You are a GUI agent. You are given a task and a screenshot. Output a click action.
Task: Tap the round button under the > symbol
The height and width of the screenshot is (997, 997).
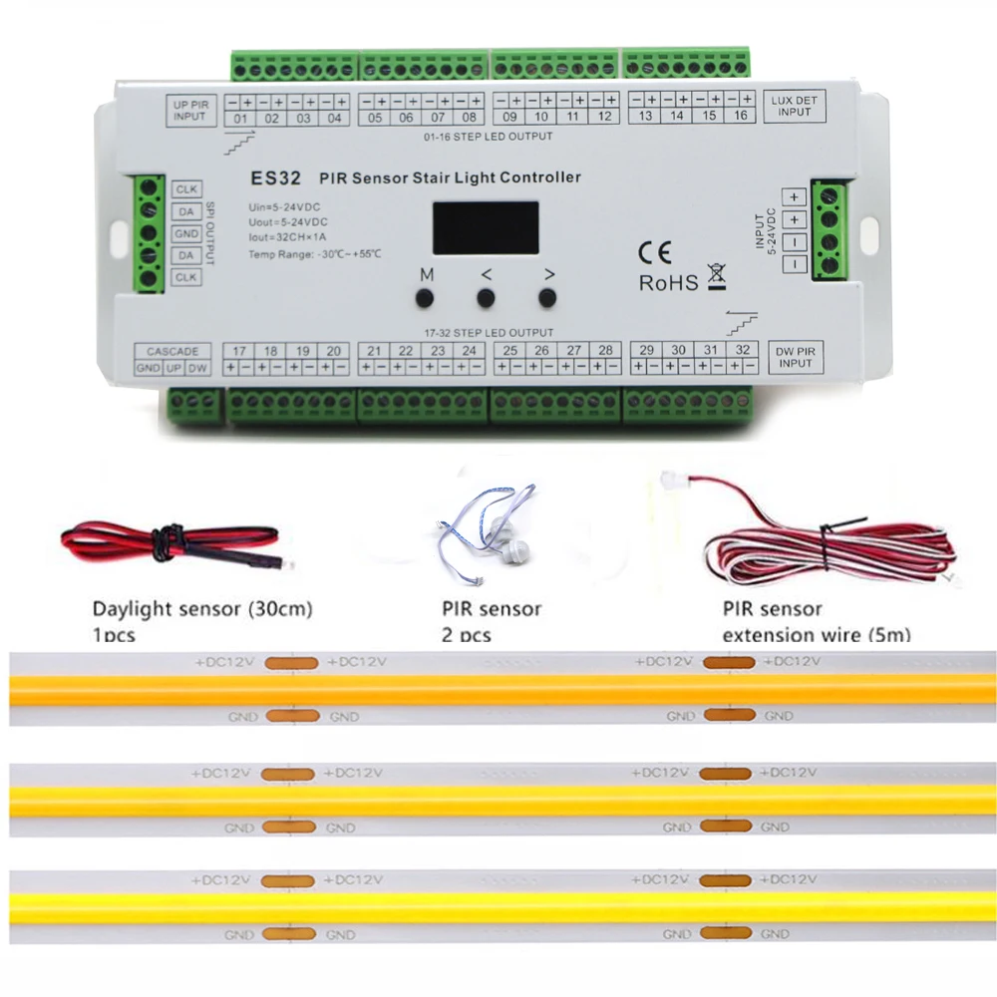(x=546, y=297)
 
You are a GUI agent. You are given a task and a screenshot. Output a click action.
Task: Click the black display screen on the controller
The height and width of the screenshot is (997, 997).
(x=486, y=227)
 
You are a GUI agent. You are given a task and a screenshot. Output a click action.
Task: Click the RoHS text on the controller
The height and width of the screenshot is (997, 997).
(x=668, y=283)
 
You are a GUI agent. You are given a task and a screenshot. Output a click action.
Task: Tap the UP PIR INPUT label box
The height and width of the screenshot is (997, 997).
(x=189, y=111)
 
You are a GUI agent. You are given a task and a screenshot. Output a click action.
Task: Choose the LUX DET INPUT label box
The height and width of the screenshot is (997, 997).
(x=795, y=107)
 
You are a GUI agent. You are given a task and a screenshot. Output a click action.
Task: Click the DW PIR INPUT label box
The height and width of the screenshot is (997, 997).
(x=795, y=357)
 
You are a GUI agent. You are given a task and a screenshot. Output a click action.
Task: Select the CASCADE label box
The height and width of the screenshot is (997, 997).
(x=172, y=351)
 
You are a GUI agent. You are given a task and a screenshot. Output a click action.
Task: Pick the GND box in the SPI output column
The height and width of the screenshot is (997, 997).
(x=186, y=233)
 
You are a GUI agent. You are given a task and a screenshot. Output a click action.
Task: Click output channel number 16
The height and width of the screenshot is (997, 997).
(x=740, y=117)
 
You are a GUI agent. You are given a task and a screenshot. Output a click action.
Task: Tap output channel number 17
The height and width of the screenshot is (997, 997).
(x=238, y=351)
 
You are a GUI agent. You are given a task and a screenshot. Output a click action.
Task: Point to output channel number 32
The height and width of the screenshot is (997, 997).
(x=741, y=350)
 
